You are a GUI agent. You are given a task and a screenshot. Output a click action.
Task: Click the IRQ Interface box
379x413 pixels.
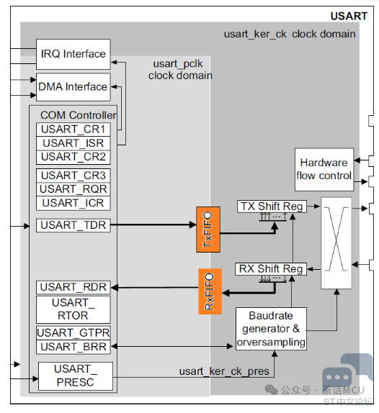tap(73, 54)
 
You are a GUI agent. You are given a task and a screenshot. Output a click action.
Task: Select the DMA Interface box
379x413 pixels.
tap(73, 87)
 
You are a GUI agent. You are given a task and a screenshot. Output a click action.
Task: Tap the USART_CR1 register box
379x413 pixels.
tap(73, 130)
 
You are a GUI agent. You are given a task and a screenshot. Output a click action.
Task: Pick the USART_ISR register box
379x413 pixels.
tap(73, 143)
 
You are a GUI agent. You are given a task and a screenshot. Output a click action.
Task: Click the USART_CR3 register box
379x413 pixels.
tap(73, 176)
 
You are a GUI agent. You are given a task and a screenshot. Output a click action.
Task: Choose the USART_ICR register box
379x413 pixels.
tap(73, 203)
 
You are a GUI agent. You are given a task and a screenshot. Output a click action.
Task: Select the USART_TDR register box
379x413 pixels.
tap(73, 225)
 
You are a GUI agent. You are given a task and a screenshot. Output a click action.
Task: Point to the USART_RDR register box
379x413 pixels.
tap(73, 287)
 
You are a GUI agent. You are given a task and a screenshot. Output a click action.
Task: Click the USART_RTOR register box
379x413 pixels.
tap(73, 309)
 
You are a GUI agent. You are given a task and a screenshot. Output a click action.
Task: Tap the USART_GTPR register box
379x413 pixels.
tap(73, 333)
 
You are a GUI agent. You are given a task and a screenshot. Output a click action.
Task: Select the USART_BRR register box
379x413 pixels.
tap(73, 347)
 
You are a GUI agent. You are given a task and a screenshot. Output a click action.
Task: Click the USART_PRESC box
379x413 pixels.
tap(76, 376)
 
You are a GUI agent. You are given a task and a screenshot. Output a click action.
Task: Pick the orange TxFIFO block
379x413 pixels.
tap(208, 230)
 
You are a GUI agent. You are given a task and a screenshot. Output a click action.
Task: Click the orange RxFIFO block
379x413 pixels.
tap(210, 291)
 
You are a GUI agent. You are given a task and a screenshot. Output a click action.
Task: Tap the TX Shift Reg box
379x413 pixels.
tap(272, 206)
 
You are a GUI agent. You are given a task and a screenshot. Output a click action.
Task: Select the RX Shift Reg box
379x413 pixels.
tap(271, 269)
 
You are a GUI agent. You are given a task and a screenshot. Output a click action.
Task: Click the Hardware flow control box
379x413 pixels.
tap(324, 170)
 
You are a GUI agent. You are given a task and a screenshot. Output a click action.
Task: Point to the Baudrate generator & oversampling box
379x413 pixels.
tap(271, 329)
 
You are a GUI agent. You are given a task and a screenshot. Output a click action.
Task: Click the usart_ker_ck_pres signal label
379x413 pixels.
tap(224, 371)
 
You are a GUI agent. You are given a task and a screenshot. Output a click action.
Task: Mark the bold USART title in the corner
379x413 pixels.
tap(349, 17)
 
